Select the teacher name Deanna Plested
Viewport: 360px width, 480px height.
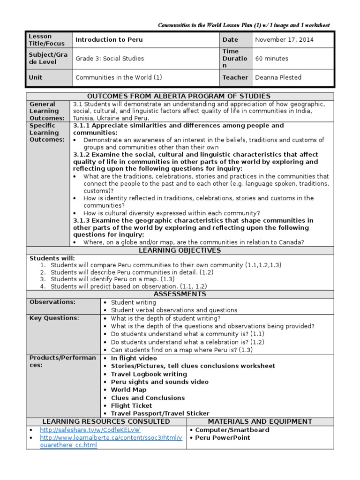click(x=278, y=77)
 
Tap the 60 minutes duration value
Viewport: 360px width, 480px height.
click(x=271, y=59)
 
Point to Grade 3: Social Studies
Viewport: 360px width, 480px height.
click(x=110, y=59)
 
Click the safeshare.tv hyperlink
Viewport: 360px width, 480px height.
click(x=90, y=430)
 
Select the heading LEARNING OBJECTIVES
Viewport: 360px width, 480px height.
click(x=180, y=251)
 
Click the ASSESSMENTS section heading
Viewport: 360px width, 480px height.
click(x=180, y=294)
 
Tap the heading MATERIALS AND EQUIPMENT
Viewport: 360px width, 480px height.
click(x=260, y=421)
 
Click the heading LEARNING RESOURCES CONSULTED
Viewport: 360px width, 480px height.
click(x=106, y=421)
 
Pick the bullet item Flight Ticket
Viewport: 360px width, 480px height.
click(x=131, y=405)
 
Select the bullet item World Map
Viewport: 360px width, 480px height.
click(x=128, y=390)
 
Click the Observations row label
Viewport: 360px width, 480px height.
click(x=52, y=302)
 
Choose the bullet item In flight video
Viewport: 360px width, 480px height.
click(x=134, y=358)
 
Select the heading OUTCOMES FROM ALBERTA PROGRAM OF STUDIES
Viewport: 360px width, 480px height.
click(x=180, y=96)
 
